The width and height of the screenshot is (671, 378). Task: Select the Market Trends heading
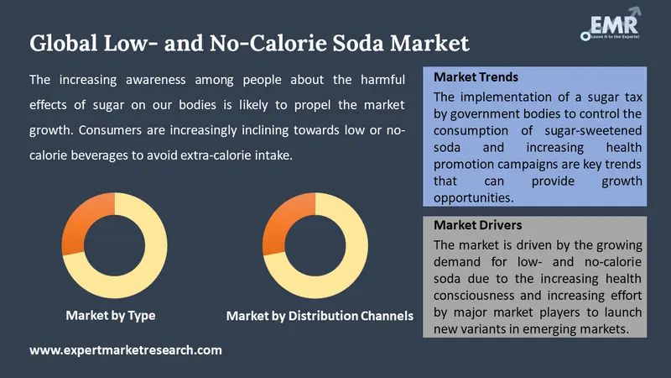476,77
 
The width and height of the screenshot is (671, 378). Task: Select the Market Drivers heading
478,225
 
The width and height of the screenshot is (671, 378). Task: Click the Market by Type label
111,316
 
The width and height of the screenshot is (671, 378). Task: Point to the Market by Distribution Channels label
320,317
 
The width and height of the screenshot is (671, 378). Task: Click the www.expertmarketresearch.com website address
126,349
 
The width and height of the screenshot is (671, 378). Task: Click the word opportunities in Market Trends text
473,197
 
